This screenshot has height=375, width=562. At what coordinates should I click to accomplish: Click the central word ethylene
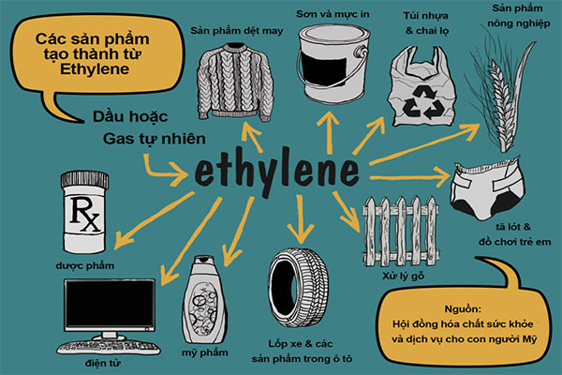click(277, 172)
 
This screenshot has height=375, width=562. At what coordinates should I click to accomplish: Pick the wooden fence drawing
click(400, 225)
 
